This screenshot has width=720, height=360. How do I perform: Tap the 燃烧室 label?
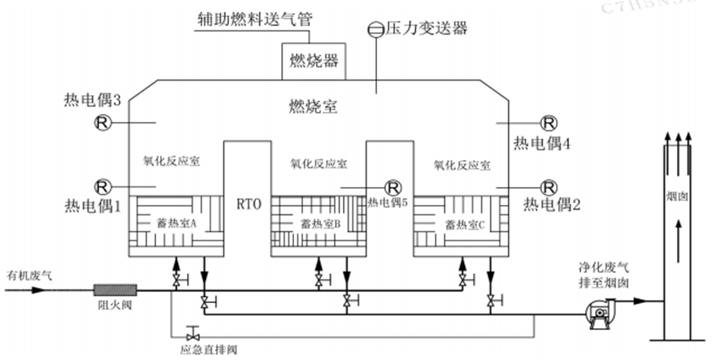click(314, 106)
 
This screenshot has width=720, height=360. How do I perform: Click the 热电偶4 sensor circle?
click(550, 123)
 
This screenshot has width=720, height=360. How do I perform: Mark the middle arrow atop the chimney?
click(677, 140)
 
